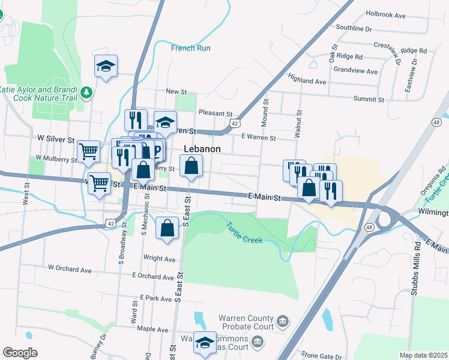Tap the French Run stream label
(x=190, y=48)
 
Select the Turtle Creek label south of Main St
(x=244, y=232)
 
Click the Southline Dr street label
(x=354, y=28)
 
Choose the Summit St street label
(x=369, y=98)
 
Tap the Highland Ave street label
(x=307, y=80)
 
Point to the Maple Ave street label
(x=152, y=329)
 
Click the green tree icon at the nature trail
(x=87, y=92)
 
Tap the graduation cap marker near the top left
(x=106, y=66)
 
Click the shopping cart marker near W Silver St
(x=89, y=151)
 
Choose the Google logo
(x=20, y=353)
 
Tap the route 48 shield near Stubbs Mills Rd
(x=370, y=227)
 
